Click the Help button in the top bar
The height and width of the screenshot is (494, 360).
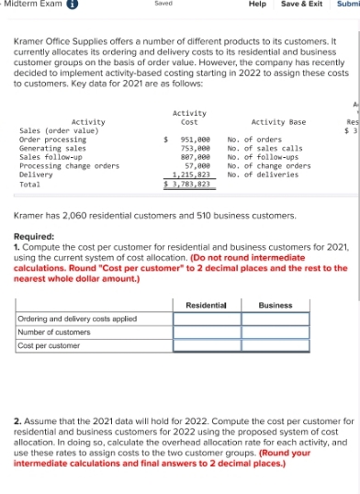pos(258,5)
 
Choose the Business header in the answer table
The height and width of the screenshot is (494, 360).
pos(275,304)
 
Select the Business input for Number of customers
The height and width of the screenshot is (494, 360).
pos(275,331)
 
